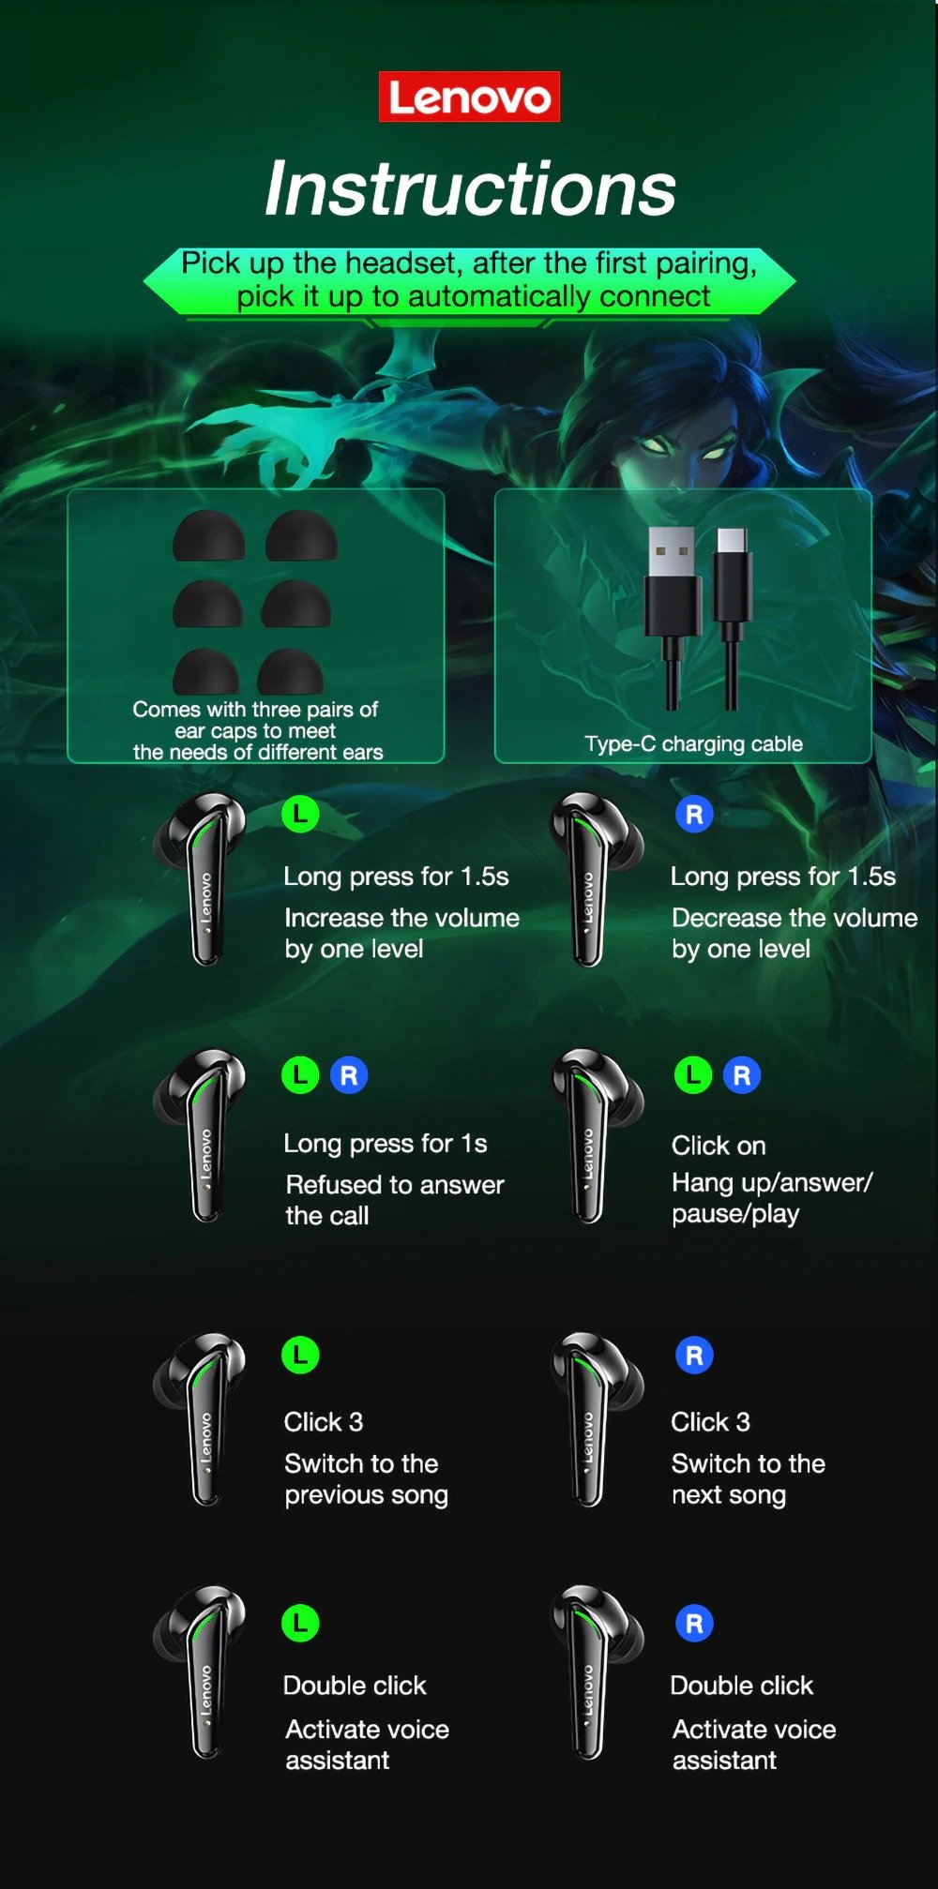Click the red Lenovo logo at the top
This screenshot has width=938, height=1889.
point(469,97)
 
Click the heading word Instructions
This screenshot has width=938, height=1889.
point(470,188)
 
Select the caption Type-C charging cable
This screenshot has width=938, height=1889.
point(693,744)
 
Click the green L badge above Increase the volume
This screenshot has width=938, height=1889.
point(300,814)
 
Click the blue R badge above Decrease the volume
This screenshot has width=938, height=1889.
point(694,815)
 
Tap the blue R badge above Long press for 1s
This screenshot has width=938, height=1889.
point(349,1075)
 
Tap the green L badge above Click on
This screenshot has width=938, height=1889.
point(693,1075)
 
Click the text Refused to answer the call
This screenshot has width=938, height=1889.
point(394,1200)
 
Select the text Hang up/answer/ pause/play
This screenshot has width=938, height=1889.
point(771,1198)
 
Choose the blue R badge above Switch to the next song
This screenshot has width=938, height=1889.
point(694,1356)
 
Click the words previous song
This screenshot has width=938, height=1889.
point(366,1495)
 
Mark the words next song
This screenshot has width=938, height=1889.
point(728,1495)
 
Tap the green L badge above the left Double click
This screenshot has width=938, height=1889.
point(300,1623)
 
